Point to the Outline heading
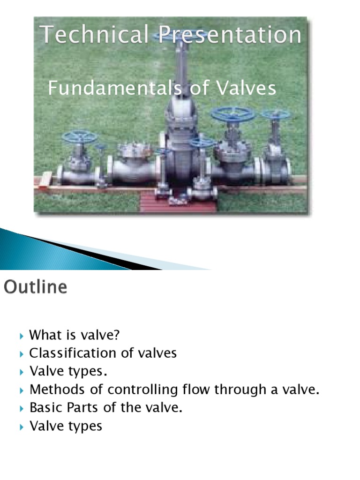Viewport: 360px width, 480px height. (36, 287)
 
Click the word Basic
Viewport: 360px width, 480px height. (45, 408)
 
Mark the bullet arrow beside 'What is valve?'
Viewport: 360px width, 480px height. (22, 336)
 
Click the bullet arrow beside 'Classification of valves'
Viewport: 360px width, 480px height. (22, 354)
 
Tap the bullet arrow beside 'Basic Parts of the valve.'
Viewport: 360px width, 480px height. (22, 408)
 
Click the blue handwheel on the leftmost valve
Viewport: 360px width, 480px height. (80, 137)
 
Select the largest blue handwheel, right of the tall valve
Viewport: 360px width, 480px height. (232, 114)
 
